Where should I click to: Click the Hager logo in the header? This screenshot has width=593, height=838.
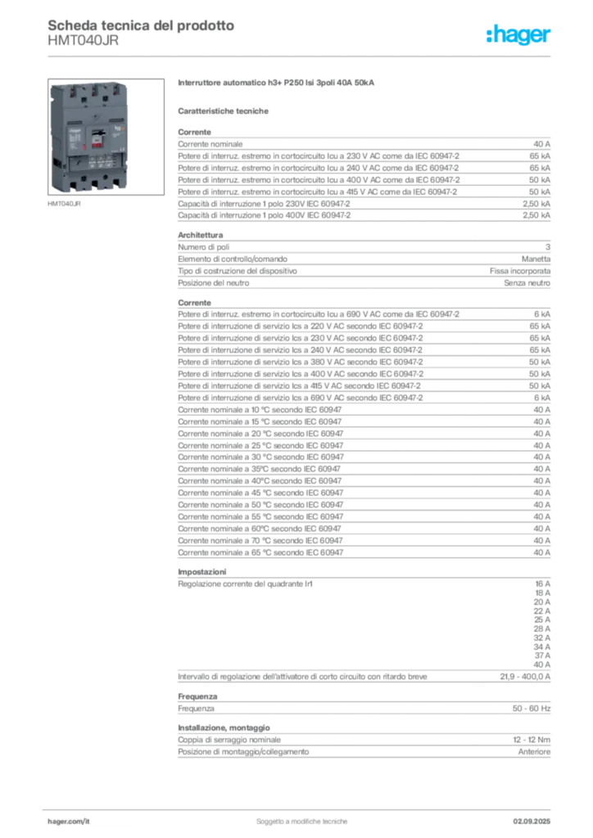(x=518, y=34)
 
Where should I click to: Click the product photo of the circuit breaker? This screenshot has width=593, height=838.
(x=106, y=137)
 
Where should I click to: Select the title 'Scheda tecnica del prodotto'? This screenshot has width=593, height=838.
(x=141, y=25)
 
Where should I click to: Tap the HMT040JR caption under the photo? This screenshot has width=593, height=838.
(x=64, y=204)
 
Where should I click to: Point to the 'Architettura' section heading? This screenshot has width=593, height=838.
(x=201, y=235)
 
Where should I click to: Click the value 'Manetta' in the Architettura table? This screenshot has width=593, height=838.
(x=536, y=259)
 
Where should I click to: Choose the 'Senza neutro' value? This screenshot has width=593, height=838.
(x=527, y=282)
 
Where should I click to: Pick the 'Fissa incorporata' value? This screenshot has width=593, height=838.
(x=520, y=271)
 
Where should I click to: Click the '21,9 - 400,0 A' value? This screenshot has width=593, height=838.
(x=525, y=677)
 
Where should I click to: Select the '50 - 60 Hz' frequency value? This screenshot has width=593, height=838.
(x=531, y=708)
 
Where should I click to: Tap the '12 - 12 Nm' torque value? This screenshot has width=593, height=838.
(x=532, y=740)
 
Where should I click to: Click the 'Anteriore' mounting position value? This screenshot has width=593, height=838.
(x=534, y=751)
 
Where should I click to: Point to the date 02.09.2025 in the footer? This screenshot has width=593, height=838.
(x=532, y=821)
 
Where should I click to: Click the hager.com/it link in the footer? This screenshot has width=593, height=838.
(x=69, y=821)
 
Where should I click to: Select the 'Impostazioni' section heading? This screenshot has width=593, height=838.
(x=202, y=571)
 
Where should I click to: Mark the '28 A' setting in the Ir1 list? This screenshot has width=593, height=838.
(x=541, y=628)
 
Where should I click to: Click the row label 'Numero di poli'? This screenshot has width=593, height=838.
(x=204, y=247)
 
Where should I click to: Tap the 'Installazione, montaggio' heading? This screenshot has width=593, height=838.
(x=224, y=728)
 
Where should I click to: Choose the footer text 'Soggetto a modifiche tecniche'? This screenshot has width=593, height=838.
(x=301, y=821)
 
